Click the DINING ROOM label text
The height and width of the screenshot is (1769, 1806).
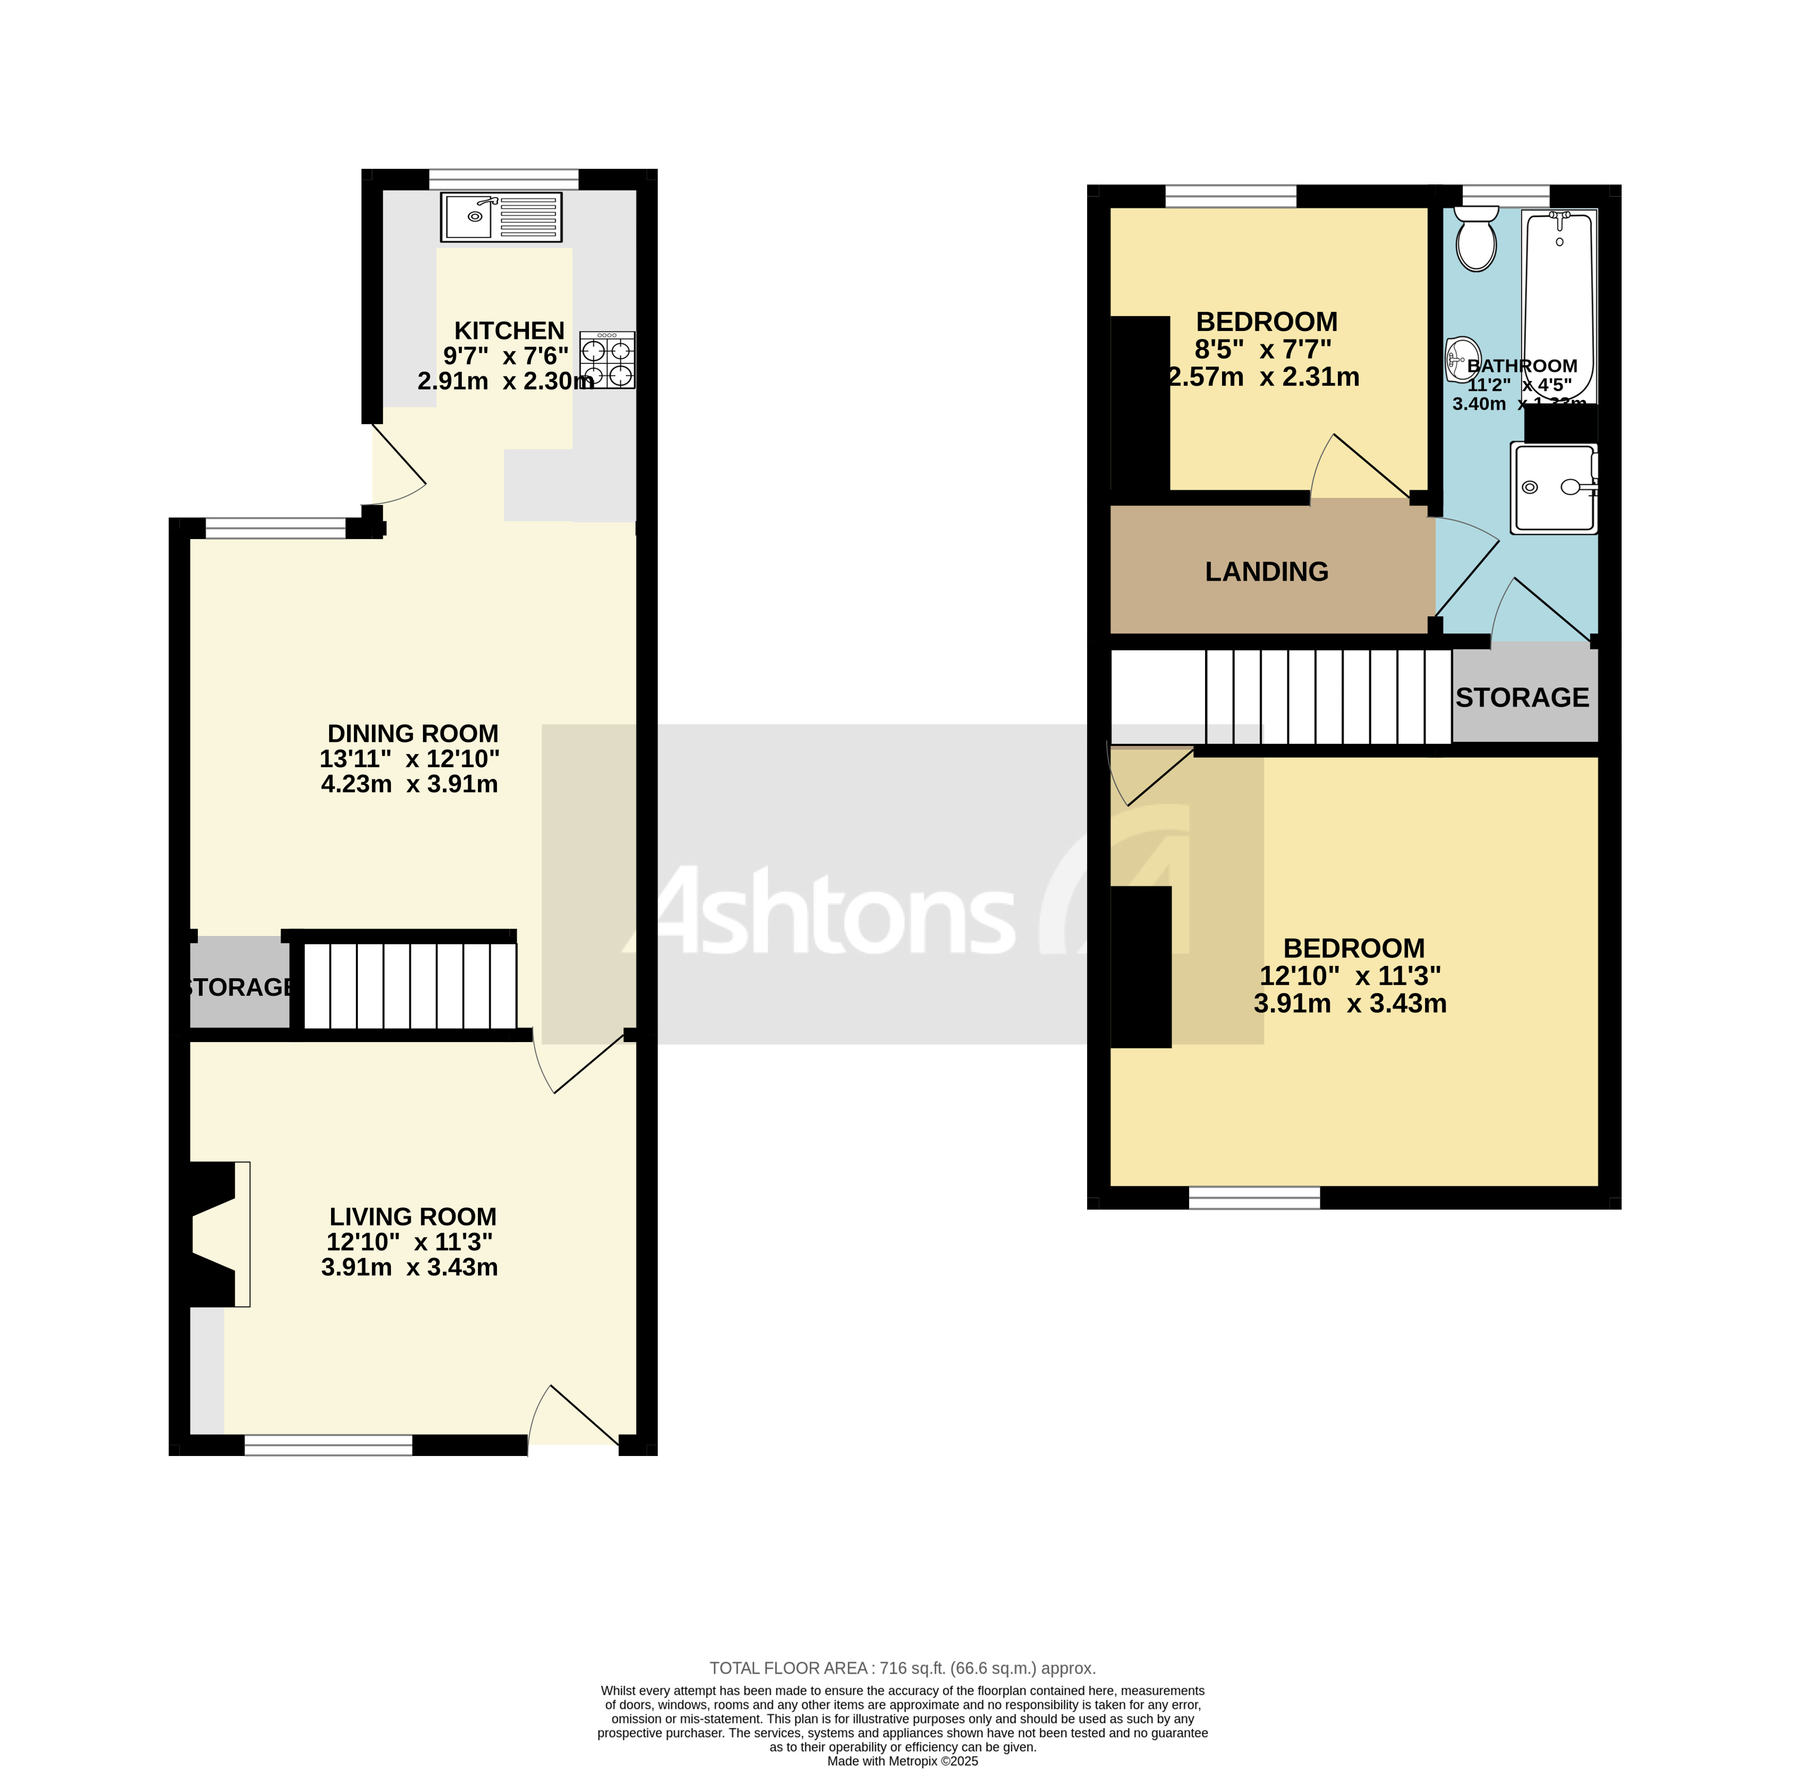(x=412, y=734)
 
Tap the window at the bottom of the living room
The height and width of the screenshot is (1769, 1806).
(x=328, y=1445)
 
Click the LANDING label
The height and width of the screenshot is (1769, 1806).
(x=1266, y=571)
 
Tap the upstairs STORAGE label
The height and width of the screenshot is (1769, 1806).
(x=1522, y=698)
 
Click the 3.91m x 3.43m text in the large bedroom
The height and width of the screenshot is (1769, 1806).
(x=1350, y=1003)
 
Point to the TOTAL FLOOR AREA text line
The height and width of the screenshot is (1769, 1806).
(x=902, y=1668)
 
